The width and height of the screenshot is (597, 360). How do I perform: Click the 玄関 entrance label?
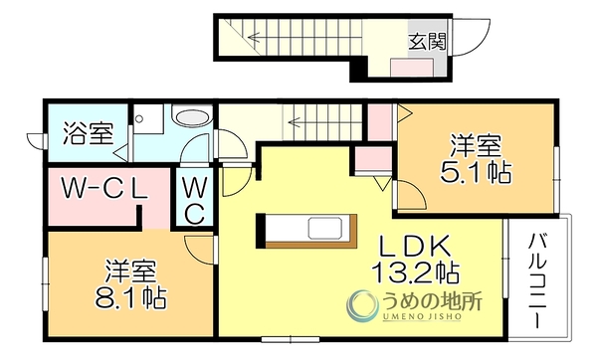click(427, 42)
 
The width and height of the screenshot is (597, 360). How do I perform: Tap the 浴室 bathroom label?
click(89, 133)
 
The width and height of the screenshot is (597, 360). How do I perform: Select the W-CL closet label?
click(104, 189)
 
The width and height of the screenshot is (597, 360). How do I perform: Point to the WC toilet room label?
click(195, 201)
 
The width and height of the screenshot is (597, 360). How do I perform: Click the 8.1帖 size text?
click(130, 296)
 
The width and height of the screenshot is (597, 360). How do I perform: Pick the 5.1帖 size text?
click(476, 172)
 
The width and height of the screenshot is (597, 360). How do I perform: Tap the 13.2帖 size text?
click(415, 272)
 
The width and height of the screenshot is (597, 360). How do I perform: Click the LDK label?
click(415, 247)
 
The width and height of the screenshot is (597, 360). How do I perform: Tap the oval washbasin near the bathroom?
click(192, 116)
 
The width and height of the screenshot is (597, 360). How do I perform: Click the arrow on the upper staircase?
click(303, 38)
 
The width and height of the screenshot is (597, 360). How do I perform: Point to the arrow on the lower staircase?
click(324, 122)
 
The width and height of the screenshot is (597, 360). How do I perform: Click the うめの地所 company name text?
click(429, 302)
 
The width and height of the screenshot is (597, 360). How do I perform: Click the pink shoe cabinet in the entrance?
click(412, 68)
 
